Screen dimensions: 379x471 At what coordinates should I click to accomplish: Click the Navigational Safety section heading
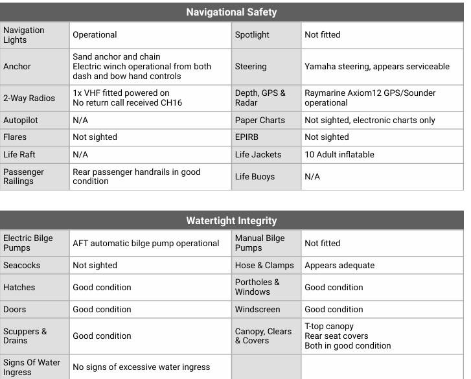tap(231, 12)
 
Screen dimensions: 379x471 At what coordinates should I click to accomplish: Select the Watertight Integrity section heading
tap(231, 220)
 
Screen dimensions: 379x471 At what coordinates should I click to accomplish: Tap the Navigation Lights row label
tap(24, 35)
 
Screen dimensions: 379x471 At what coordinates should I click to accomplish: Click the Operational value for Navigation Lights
tap(95, 35)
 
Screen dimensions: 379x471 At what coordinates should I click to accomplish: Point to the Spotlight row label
tap(252, 35)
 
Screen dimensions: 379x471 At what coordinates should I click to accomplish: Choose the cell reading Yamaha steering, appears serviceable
tap(376, 66)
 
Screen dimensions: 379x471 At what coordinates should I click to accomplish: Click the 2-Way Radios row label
tap(29, 98)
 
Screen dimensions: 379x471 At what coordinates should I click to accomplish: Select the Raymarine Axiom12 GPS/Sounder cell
tap(370, 98)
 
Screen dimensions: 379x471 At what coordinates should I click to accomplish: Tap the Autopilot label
tap(21, 121)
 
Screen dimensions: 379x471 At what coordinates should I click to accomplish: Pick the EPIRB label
tap(247, 137)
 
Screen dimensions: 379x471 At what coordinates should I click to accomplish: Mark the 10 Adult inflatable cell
tap(339, 155)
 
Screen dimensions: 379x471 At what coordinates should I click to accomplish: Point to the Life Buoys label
tap(255, 176)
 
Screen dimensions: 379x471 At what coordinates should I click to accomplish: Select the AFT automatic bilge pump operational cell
tap(146, 244)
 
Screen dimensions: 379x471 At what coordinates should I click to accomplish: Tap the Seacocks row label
tap(21, 266)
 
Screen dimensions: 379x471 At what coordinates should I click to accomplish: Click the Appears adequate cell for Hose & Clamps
tap(339, 266)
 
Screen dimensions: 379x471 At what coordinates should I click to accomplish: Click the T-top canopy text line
tap(329, 327)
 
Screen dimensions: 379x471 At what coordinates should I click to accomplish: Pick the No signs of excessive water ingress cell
tap(141, 367)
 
